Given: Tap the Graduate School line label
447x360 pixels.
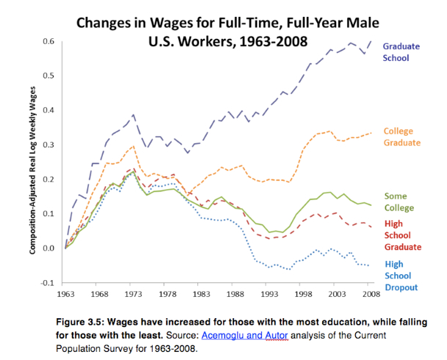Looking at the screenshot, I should (401, 51).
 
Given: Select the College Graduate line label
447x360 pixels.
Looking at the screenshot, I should (401, 136).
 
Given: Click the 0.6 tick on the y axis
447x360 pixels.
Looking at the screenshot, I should (53, 42).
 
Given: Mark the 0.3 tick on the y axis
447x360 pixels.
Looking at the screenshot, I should (53, 144).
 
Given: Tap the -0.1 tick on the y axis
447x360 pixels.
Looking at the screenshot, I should (51, 282).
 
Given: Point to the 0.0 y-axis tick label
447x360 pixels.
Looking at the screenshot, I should (53, 248).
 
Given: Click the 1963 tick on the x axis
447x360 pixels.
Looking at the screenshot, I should (65, 295).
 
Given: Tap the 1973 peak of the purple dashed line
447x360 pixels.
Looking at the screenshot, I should (133, 115).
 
